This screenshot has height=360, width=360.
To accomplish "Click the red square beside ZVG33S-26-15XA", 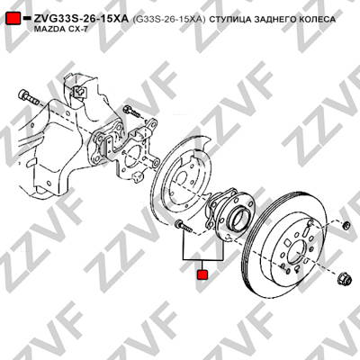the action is pos(13,19).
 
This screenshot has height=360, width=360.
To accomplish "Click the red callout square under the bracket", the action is pos(202,274).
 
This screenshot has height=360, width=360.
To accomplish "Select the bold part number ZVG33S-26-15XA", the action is pos(81,19).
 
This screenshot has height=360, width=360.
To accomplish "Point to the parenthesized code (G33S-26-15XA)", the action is pos(169,19).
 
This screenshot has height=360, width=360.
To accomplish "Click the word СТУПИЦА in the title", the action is pos(229,20).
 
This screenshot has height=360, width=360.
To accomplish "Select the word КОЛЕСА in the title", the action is pos(316,20).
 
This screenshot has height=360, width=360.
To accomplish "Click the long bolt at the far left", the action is pos(28,97).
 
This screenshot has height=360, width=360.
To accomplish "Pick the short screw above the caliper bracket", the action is pos(132,111).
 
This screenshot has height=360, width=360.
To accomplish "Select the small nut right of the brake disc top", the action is pos(346,225).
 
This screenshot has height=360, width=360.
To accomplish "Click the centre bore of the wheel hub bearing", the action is pos(239,216).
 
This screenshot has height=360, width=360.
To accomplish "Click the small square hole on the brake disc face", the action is pos(287,242).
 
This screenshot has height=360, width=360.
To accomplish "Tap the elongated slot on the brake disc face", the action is pos(306,232).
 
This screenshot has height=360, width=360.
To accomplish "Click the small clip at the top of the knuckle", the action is pos(79,90).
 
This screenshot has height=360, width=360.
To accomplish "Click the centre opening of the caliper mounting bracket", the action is pos(131,158).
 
